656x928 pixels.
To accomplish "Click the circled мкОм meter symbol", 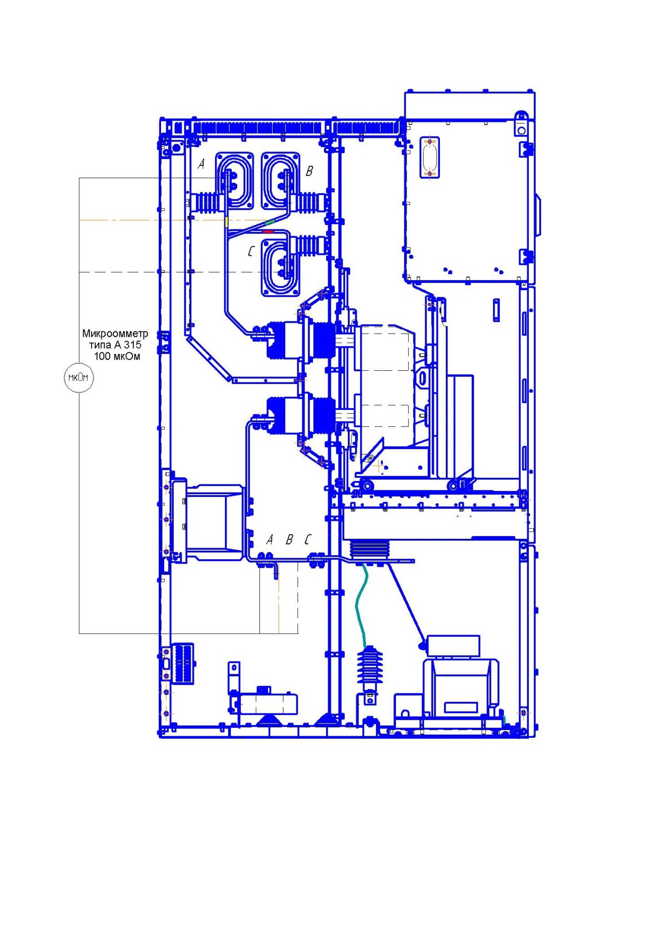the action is point(78,378).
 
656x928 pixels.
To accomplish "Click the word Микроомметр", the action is point(115,334).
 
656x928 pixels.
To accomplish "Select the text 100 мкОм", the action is point(117,356).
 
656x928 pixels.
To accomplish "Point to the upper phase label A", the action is point(201,164).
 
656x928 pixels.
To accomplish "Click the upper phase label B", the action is point(310,171).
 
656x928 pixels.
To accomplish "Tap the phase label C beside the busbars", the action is point(251,251).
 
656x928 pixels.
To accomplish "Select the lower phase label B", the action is point(289,539).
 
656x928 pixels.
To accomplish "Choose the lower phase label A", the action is point(269,539).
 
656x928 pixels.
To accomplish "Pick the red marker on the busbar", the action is point(268,231).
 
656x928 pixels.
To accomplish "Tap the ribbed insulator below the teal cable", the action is point(370,668).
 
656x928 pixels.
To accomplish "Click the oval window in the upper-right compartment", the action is point(429,157).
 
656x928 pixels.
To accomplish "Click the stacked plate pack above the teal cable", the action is point(370,549).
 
